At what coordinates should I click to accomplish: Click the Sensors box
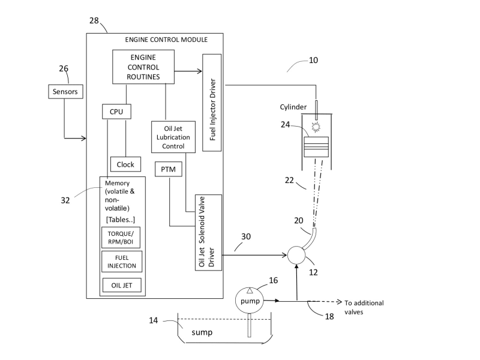coord(64,92)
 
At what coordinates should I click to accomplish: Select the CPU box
coord(116,111)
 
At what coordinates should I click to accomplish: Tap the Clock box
coord(125,164)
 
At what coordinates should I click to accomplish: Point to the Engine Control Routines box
coord(143,67)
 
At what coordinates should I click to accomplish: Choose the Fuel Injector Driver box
coord(213,102)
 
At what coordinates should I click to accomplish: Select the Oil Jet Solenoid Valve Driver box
coord(208,232)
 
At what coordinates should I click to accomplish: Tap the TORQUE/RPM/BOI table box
coord(122,237)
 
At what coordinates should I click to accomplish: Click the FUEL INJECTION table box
coord(122,262)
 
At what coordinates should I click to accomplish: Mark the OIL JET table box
coord(122,284)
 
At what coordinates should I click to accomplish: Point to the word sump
coord(202,331)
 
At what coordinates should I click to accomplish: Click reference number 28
coord(94,22)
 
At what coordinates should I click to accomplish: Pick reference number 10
coord(313,60)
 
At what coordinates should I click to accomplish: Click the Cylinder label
coord(293,107)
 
